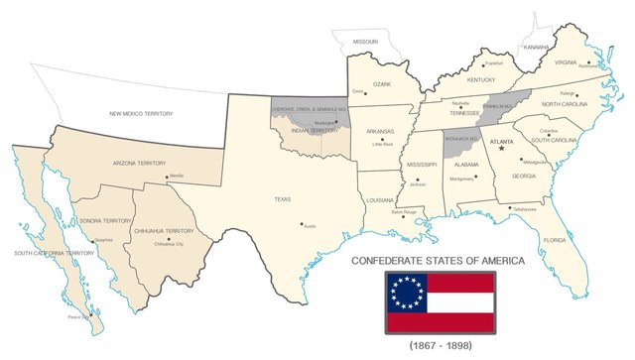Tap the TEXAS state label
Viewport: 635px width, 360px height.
pyautogui.click(x=282, y=199)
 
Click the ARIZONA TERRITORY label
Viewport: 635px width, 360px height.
pyautogui.click(x=138, y=162)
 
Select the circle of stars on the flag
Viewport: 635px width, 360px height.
pyautogui.click(x=407, y=291)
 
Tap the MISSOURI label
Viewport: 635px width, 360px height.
pyautogui.click(x=363, y=43)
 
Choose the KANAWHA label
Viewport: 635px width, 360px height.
pyautogui.click(x=537, y=47)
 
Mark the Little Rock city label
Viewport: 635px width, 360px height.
pyautogui.click(x=383, y=145)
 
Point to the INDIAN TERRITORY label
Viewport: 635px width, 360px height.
pyautogui.click(x=314, y=131)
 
